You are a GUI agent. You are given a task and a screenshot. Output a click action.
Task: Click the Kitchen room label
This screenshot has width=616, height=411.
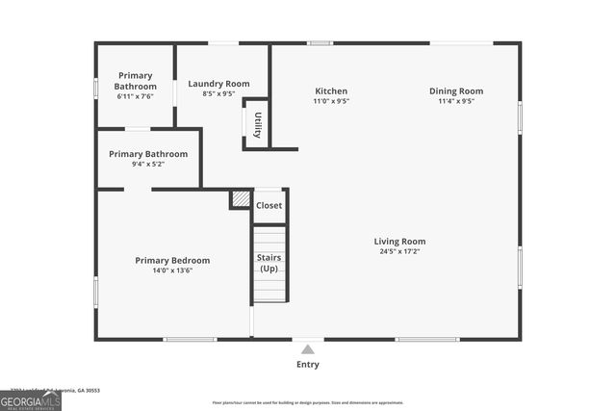coord(331,91)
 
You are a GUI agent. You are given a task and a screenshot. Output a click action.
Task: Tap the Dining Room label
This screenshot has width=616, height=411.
coord(456,91)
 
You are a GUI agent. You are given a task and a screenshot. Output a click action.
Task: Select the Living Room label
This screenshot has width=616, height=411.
coord(399,242)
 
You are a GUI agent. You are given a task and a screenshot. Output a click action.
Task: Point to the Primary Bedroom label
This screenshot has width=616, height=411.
coord(172,260)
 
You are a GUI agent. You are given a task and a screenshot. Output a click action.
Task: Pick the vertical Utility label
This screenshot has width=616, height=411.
coord(257,125)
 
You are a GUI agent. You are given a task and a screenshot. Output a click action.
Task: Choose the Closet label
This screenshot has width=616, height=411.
coord(269,205)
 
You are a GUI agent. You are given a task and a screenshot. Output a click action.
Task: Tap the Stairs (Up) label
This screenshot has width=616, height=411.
coord(269,262)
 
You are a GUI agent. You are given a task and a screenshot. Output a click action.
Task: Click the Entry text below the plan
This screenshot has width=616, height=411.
coord(308,365)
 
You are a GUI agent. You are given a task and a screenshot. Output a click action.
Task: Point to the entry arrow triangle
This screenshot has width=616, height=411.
coord(308,349)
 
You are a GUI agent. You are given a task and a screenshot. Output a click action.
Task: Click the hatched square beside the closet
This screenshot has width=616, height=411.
coord(240,199)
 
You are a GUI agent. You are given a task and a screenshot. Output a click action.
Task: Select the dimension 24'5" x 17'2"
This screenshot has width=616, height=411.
coord(399,251)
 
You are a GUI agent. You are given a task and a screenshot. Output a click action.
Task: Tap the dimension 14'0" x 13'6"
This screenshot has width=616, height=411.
coord(172,270)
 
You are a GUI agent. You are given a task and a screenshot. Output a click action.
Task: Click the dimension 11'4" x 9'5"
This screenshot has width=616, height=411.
coord(456,101)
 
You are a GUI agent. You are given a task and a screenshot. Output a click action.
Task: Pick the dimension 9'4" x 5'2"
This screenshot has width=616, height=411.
coord(148,164)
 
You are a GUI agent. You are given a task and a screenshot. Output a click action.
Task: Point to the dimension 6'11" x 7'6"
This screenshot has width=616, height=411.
coord(136,95)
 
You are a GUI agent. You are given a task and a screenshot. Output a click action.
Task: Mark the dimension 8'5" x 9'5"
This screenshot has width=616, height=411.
coord(218,93)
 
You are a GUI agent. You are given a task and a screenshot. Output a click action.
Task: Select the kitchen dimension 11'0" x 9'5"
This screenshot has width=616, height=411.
coord(331,101)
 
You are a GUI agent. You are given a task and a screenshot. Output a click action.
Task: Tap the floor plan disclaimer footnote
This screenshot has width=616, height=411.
coord(308,403)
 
